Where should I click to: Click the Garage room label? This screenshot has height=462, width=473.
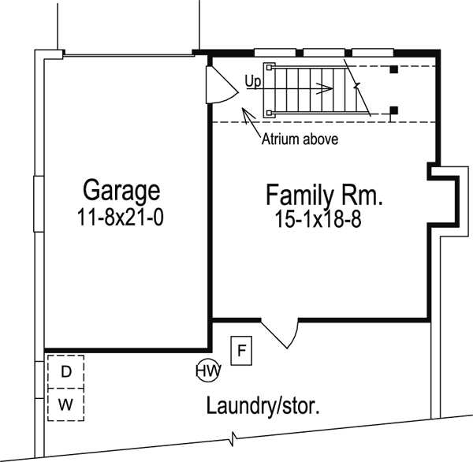tap(121, 191)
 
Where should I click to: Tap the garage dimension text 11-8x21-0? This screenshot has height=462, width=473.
tap(121, 217)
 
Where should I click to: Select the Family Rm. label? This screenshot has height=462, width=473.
tap(324, 196)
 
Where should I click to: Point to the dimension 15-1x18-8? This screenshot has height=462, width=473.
tap(318, 219)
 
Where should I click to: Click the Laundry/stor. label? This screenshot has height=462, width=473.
tap(263, 406)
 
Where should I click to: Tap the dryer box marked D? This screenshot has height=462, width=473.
tap(65, 372)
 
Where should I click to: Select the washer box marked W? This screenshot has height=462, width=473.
tap(65, 404)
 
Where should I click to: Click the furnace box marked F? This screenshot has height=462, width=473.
tap(241, 351)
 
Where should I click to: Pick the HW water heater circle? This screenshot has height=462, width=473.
tap(208, 371)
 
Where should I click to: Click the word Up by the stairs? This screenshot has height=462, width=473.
tap(253, 81)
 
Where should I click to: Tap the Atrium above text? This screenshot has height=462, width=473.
tap(300, 140)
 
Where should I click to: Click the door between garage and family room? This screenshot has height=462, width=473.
tap(222, 85)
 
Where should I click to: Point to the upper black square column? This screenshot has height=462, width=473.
tap(394, 69)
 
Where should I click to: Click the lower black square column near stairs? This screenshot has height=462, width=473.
tap(394, 110)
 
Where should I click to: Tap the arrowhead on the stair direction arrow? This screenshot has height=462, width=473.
tap(325, 89)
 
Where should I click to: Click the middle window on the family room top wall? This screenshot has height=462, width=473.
tap(324, 53)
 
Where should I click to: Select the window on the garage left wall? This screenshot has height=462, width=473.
tap(39, 204)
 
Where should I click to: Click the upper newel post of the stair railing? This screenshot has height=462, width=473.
tap(270, 66)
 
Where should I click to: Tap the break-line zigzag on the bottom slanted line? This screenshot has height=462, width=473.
tap(233, 438)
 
